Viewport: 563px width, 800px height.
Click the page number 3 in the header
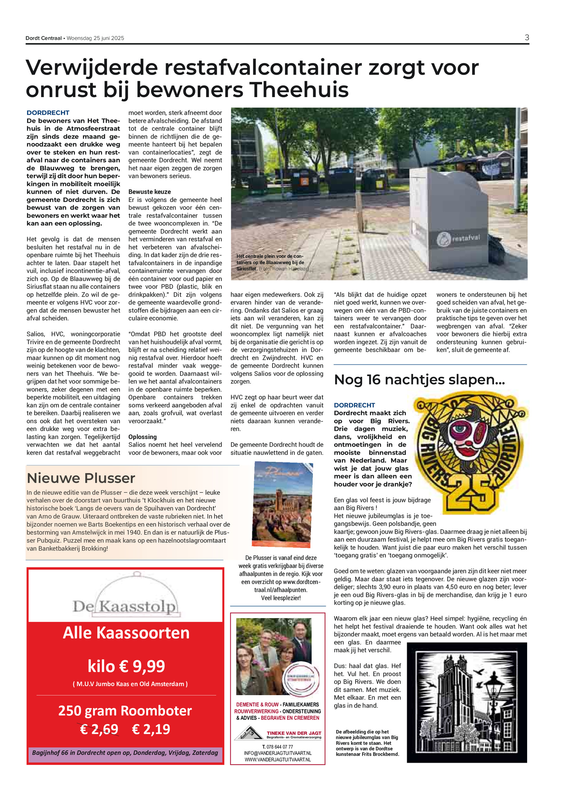click(526, 38)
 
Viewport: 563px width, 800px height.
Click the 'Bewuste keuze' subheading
click(150, 192)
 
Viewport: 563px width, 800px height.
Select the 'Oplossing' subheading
click(143, 437)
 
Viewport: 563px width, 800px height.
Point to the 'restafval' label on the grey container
click(466, 238)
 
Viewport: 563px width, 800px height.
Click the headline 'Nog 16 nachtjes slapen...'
click(419, 380)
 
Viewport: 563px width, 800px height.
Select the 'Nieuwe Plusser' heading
click(81, 478)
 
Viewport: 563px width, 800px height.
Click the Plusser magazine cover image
click(282, 504)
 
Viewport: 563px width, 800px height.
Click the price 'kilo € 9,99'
click(126, 666)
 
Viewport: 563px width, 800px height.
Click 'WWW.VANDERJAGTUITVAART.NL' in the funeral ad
click(278, 760)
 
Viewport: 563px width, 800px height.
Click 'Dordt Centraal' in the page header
click(43, 38)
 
